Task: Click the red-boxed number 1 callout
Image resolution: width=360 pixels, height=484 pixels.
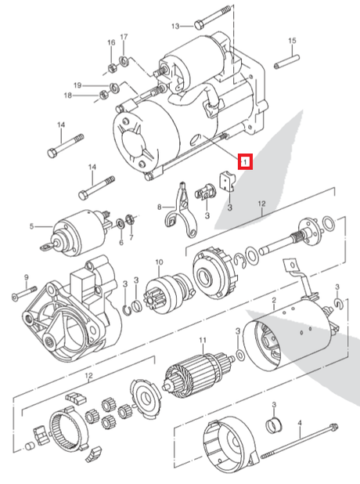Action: (x=245, y=162)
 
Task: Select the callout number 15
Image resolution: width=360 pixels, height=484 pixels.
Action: (x=291, y=41)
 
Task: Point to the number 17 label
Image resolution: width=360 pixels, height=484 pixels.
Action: (x=122, y=41)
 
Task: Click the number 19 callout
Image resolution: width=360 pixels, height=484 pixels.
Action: (x=99, y=85)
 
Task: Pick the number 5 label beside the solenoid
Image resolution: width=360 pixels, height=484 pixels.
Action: (x=32, y=227)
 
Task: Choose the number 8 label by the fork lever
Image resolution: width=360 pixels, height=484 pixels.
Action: (x=159, y=208)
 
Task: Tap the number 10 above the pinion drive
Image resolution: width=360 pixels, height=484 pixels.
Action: (x=158, y=262)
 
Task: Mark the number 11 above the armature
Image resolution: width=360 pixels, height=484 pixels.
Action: (x=201, y=340)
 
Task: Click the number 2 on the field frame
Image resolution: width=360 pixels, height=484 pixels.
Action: (x=273, y=301)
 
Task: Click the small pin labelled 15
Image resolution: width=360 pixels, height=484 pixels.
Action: (x=292, y=58)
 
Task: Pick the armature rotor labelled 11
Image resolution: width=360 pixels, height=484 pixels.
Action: (x=198, y=370)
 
